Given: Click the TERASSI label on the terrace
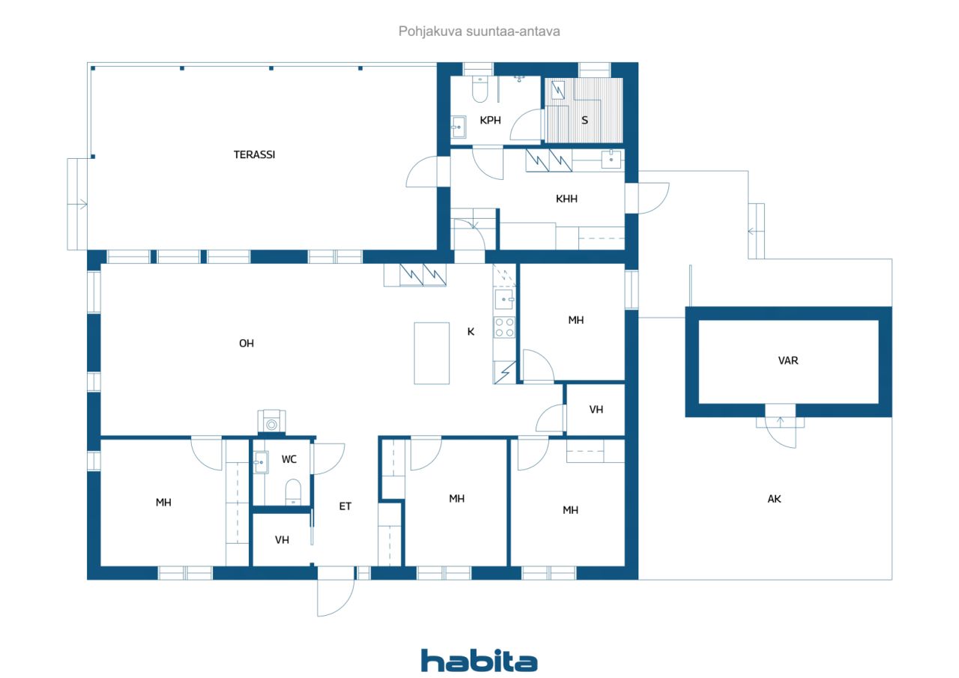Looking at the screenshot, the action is point(254,154).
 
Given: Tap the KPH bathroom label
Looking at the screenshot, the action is point(490,121).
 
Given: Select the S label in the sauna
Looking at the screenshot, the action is point(585,121).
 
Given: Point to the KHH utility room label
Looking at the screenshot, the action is point(566,199).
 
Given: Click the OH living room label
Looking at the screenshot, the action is point(246,343).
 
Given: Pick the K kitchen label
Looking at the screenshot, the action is point(471,332).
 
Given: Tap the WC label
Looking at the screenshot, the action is point(289,459).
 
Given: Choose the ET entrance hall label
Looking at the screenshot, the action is point(345,506).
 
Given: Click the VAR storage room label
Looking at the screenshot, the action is point(788,360).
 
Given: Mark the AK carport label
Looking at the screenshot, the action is point(774,499).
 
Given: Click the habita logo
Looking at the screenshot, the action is point(479,662).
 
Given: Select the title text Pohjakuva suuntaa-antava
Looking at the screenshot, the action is point(479,31).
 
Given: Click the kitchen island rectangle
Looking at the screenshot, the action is point(432,353).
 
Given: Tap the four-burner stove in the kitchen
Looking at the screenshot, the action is point(504,327).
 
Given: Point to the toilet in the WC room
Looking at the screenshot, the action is point(293,491).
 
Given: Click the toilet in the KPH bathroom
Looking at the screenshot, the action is point(479,89).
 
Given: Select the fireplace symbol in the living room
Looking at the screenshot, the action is point(271,422).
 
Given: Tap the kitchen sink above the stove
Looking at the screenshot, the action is point(504,299).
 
